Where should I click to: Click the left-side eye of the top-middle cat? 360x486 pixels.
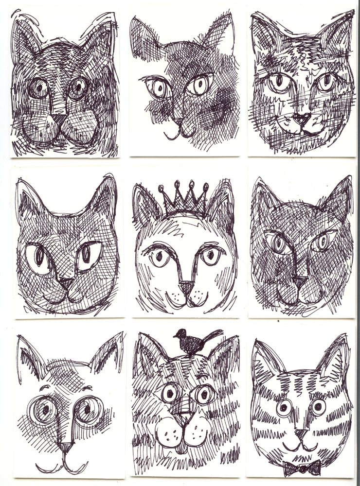(x=158, y=88)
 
